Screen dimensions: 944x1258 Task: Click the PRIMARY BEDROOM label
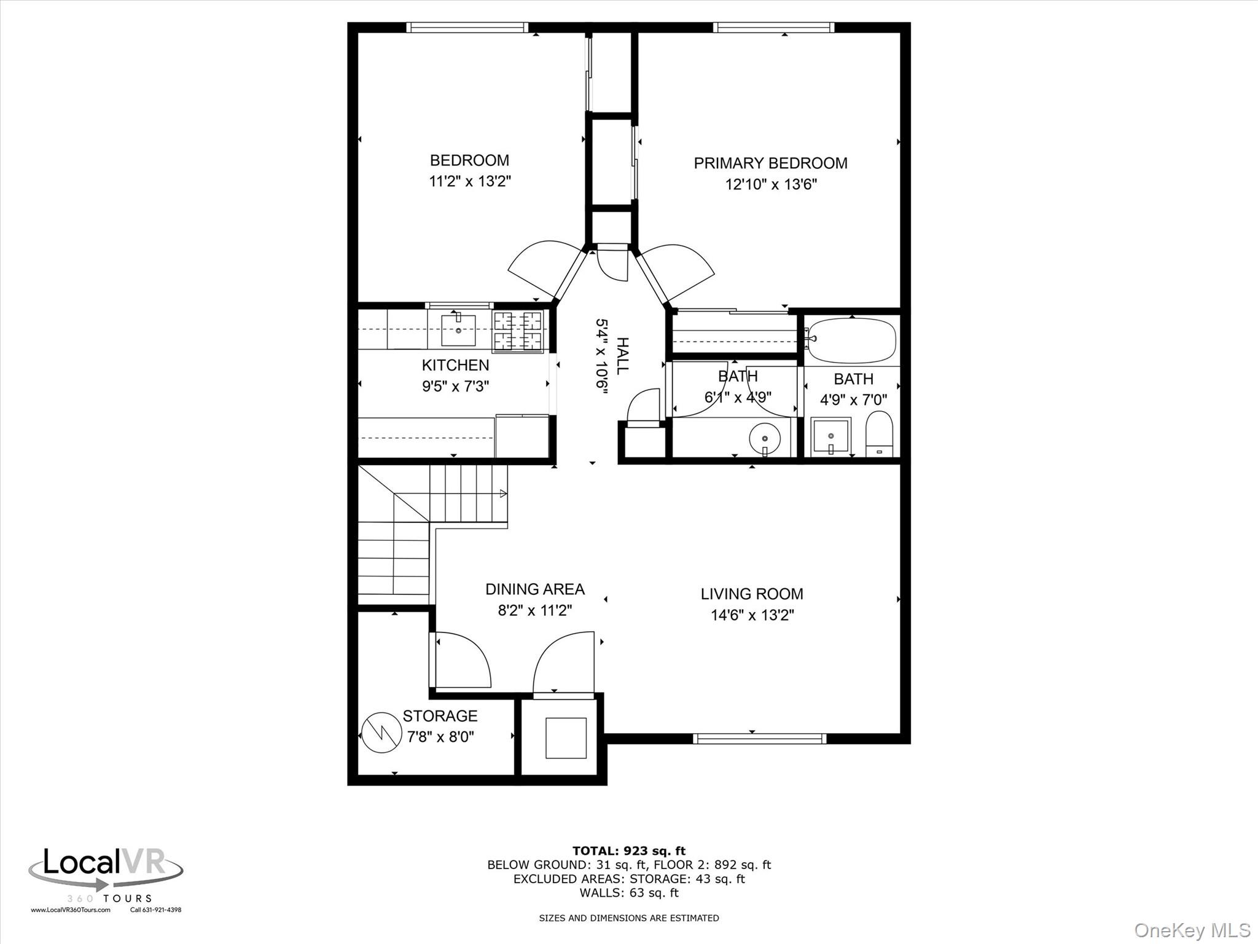coord(770,163)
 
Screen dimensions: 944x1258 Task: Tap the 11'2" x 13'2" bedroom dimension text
coord(470,181)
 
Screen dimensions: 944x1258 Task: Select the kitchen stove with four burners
coord(518,331)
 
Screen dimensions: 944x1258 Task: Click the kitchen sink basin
coord(458,331)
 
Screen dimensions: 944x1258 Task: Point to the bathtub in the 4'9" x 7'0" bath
coord(851,340)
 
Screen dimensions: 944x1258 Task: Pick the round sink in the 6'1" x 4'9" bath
coord(765,439)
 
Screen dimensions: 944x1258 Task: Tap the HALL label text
coord(622,356)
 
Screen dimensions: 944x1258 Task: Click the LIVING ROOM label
coord(752,594)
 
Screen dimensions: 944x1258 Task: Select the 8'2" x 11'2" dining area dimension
coord(534,610)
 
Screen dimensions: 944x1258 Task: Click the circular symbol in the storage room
coord(381,733)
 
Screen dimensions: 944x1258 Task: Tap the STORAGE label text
coord(440,716)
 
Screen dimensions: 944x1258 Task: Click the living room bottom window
coord(759,738)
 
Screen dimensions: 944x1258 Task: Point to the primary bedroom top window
coord(773,27)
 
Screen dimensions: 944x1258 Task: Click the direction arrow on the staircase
coord(502,493)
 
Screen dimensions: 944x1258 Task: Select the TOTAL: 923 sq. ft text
coord(629,851)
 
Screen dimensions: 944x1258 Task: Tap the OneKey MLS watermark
coord(1192,930)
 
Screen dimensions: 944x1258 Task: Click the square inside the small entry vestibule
coord(565,737)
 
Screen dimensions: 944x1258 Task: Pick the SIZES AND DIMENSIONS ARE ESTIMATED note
coord(629,918)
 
